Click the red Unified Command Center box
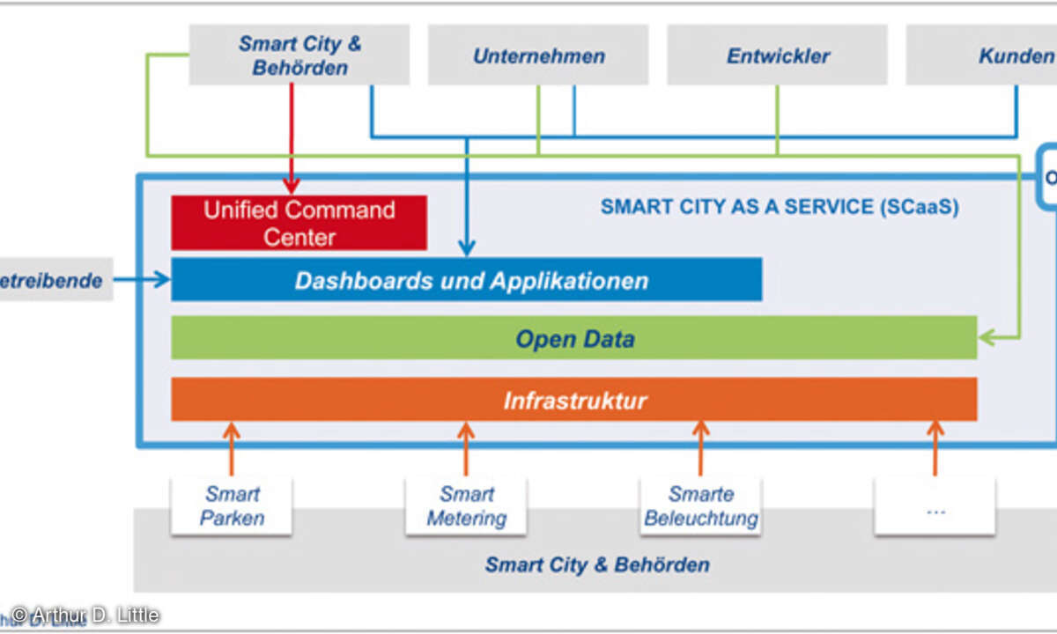(x=299, y=223)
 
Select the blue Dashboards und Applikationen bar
(x=466, y=280)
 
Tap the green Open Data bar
(x=573, y=338)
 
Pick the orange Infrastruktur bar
(x=573, y=400)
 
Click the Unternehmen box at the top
(x=538, y=55)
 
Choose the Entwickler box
(x=777, y=55)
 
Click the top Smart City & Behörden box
(x=299, y=55)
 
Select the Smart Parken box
(x=232, y=506)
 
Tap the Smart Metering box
(x=466, y=506)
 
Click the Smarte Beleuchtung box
(x=701, y=506)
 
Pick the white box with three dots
(x=935, y=506)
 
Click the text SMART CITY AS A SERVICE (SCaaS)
(x=779, y=207)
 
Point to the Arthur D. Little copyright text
(x=85, y=614)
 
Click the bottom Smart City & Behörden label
(x=596, y=564)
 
